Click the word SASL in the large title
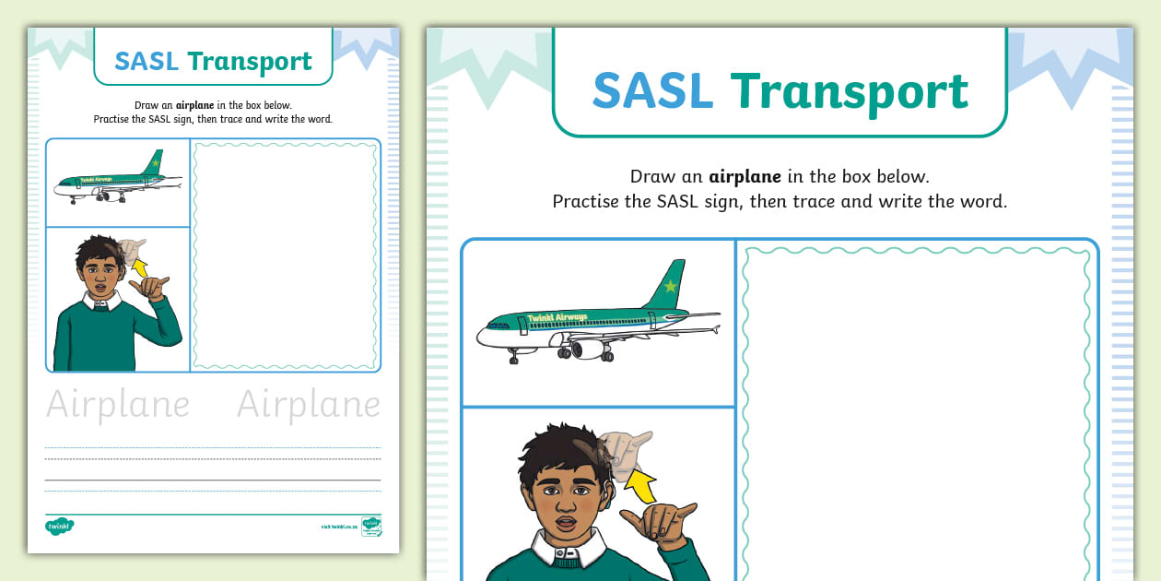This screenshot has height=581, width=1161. click(x=652, y=90)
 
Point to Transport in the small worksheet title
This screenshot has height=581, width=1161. click(x=250, y=63)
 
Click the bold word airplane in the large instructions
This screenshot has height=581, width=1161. click(x=745, y=176)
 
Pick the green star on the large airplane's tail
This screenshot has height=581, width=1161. click(x=670, y=286)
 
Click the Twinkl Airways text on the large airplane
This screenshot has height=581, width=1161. click(x=559, y=318)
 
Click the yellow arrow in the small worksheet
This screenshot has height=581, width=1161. click(x=140, y=267)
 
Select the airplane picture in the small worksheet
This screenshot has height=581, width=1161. click(x=117, y=181)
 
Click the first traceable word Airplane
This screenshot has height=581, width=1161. click(x=118, y=405)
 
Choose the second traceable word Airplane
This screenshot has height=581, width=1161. click(x=309, y=405)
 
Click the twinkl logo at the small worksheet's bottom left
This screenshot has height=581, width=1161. click(x=59, y=527)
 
